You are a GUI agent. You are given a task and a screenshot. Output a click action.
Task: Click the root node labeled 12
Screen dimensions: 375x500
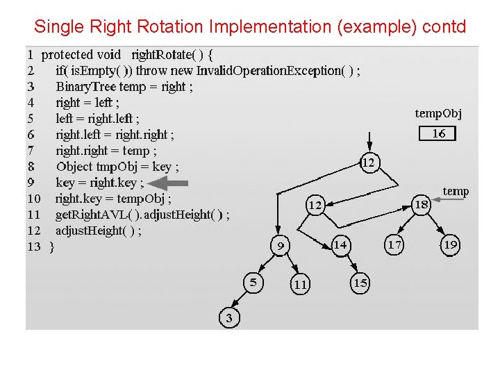(369, 162)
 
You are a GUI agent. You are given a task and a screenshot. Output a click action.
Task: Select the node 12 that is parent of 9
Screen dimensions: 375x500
(315, 205)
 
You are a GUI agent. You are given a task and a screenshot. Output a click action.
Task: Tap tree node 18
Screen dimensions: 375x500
(421, 204)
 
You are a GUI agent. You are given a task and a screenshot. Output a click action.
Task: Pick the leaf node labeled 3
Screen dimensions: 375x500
(229, 318)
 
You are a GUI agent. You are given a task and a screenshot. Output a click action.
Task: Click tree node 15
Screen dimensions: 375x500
(360, 283)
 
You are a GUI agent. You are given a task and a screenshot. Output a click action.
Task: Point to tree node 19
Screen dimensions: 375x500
(450, 244)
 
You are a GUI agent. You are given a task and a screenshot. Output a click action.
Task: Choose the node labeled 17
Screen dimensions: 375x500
(394, 244)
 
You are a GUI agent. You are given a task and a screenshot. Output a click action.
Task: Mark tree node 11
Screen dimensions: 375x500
(300, 284)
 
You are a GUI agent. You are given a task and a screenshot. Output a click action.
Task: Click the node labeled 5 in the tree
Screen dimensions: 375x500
(253, 282)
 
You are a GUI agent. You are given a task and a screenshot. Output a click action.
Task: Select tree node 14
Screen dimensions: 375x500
(340, 244)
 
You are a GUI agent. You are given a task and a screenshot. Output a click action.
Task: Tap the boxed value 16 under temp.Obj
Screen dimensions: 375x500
(438, 133)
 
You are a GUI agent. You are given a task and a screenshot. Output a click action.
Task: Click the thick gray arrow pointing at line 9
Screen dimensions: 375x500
(168, 183)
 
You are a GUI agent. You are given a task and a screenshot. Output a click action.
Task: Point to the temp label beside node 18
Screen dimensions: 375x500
(456, 191)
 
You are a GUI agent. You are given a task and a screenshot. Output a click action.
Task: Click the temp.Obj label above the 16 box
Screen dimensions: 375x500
(438, 113)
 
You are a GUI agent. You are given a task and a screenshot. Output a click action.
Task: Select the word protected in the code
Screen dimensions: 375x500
(67, 54)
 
